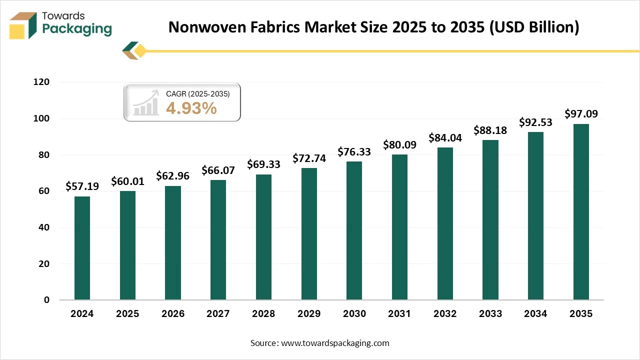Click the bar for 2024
(x=82, y=248)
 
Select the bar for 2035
(x=581, y=212)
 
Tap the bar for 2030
(x=354, y=230)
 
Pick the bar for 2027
(x=218, y=240)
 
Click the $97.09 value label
(x=581, y=114)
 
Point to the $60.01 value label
(x=127, y=181)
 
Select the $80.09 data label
(x=399, y=145)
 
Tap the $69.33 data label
(x=263, y=164)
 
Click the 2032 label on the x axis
(x=445, y=314)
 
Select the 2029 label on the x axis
(x=309, y=314)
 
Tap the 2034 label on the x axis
(x=535, y=314)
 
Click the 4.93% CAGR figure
(x=191, y=107)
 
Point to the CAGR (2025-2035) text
(x=197, y=93)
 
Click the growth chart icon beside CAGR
(x=146, y=103)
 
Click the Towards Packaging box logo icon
(x=24, y=25)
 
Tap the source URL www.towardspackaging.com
(x=334, y=343)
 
